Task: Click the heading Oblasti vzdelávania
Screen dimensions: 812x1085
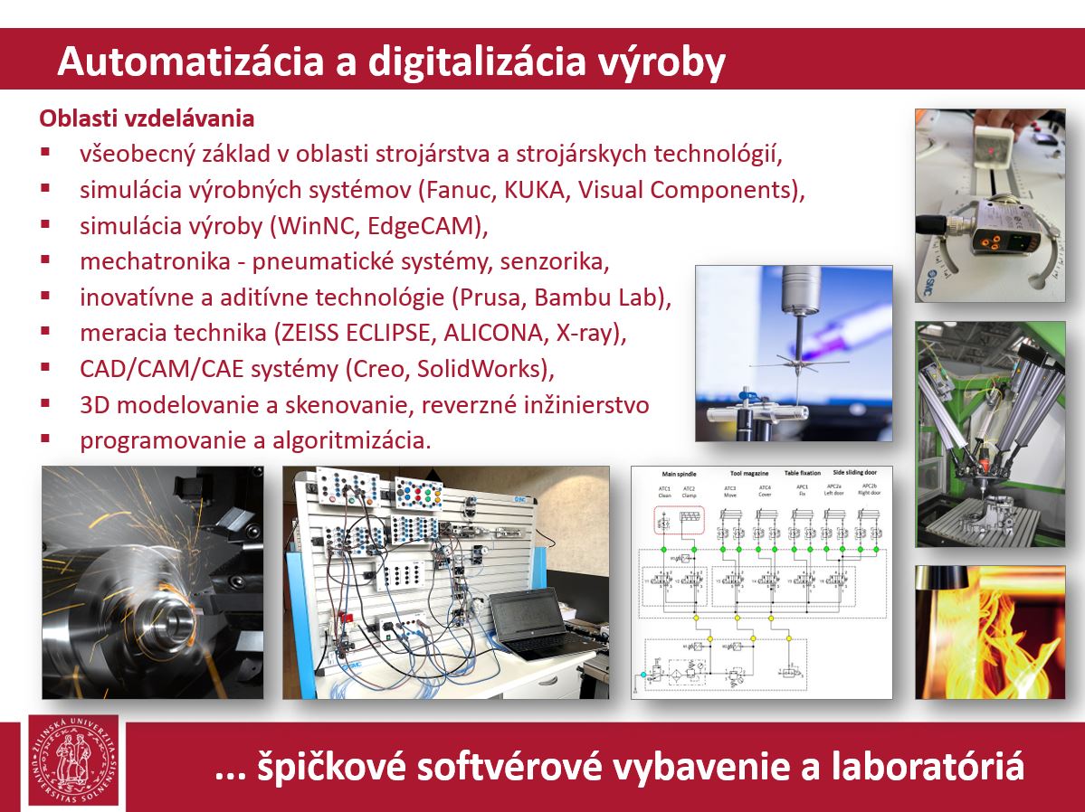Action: click(146, 118)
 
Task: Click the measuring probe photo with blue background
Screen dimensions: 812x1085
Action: click(793, 353)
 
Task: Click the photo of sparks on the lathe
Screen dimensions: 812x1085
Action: click(153, 582)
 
